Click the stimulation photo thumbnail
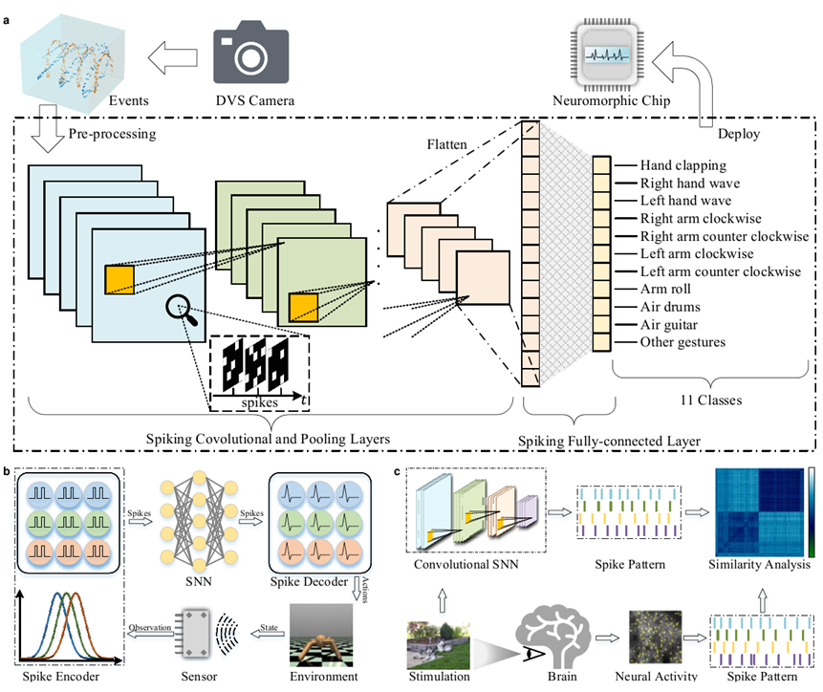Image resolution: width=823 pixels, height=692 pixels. click(437, 641)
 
